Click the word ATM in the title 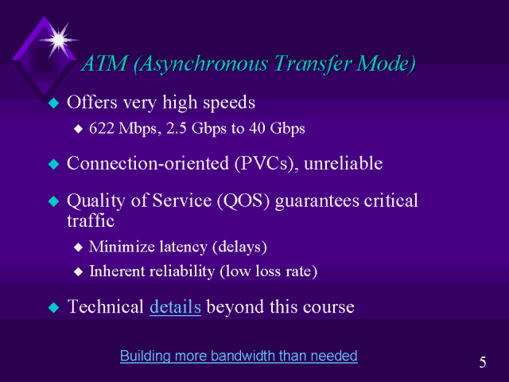click(x=104, y=63)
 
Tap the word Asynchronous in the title click(x=200, y=64)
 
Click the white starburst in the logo click(x=58, y=40)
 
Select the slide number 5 click(x=483, y=362)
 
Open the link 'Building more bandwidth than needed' click(x=239, y=356)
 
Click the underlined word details click(x=175, y=306)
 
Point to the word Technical click(x=106, y=306)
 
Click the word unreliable click(x=344, y=163)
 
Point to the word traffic click(x=91, y=220)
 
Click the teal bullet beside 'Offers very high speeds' click(x=54, y=103)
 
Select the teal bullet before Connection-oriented click(x=54, y=164)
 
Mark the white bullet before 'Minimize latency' click(x=78, y=248)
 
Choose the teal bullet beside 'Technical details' click(x=54, y=307)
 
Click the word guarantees click(x=317, y=201)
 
